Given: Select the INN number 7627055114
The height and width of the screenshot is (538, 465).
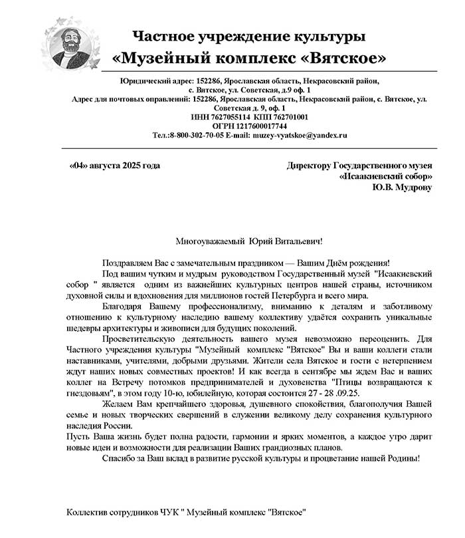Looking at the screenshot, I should point(232,116).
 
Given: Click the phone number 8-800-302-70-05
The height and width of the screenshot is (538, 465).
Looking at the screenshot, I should point(200,134).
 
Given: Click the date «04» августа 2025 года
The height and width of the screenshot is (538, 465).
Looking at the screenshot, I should point(114,166).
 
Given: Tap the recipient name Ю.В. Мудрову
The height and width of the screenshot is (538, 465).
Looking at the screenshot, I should point(402,188).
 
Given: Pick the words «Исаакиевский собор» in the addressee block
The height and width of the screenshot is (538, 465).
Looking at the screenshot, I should point(385,177).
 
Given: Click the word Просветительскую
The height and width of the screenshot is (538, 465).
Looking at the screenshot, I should point(141,338).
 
